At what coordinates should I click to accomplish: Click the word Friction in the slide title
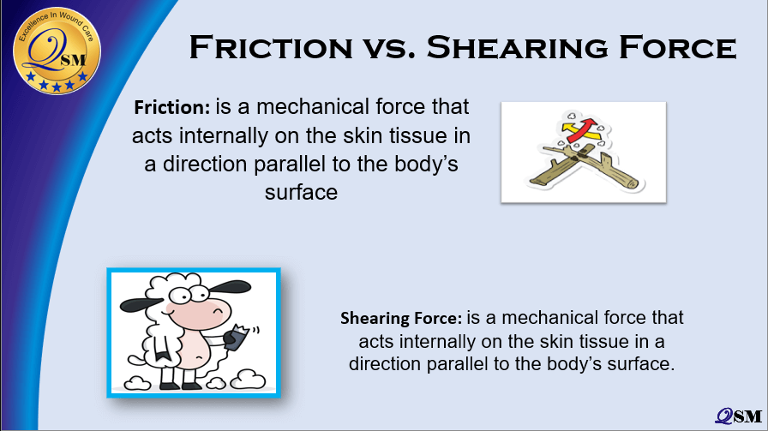(x=270, y=47)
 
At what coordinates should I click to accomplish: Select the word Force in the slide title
(x=678, y=47)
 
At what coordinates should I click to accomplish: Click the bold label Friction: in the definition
(x=172, y=107)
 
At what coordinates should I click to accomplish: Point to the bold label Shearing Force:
(x=401, y=319)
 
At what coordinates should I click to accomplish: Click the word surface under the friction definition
(x=301, y=193)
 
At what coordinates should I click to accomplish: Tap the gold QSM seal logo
(x=57, y=51)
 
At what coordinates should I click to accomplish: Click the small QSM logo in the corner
(x=739, y=416)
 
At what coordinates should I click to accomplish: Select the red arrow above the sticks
(x=582, y=129)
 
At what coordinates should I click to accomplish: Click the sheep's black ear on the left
(x=140, y=304)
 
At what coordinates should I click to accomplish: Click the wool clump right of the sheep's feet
(x=249, y=379)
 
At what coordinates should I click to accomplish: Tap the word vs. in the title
(x=389, y=49)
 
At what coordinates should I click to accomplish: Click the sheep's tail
(x=139, y=360)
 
